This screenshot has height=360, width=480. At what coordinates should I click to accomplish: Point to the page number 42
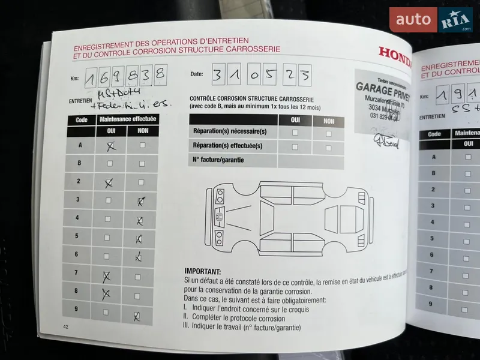(x=65, y=326)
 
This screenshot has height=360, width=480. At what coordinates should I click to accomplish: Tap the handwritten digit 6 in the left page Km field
(x=107, y=77)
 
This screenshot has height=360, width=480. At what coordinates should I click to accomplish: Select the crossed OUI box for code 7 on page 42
(x=108, y=276)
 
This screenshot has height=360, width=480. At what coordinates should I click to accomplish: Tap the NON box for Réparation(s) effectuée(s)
(x=328, y=146)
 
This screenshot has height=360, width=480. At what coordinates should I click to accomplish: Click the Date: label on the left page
(x=197, y=74)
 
